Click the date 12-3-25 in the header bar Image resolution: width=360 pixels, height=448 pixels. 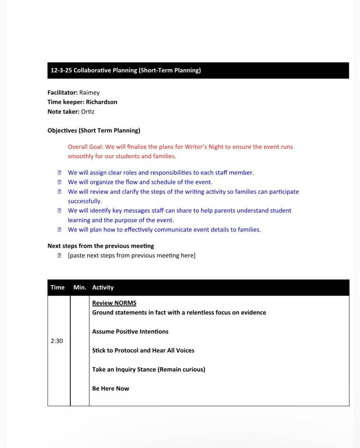pos(61,71)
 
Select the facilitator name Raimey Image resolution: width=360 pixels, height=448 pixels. pos(90,93)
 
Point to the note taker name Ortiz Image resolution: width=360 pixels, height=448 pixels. pos(88,112)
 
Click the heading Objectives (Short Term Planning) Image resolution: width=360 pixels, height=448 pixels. pos(94,131)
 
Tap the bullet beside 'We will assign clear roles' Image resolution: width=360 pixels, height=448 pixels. pos(59,173)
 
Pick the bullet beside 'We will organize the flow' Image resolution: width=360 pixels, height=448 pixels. pos(59,182)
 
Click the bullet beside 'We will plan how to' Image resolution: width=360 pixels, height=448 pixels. pos(59,230)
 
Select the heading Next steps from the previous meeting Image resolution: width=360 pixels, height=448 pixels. pos(101,246)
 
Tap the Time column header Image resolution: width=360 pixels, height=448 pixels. pos(58,287)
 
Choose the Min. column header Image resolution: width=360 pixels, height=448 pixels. pos(80,287)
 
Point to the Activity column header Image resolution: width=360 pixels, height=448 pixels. pos(103,287)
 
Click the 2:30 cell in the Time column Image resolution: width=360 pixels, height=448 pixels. pos(57,341)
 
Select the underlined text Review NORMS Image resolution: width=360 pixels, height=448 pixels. pos(114,303)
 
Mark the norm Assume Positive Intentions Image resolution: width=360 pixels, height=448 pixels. pos(130,332)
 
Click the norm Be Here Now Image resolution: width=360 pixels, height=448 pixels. pos(111,389)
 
